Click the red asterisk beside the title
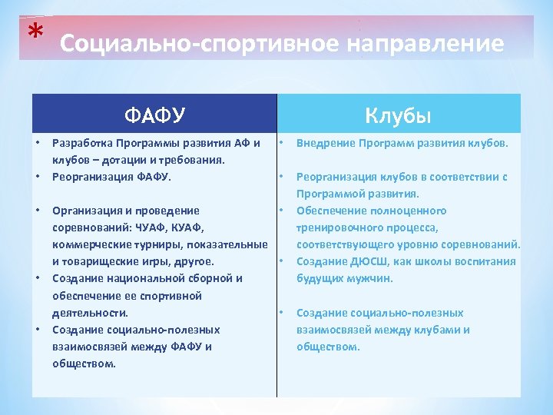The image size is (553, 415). pyautogui.click(x=34, y=32)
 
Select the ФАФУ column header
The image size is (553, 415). pyautogui.click(x=154, y=116)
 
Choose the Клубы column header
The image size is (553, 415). pyautogui.click(x=399, y=116)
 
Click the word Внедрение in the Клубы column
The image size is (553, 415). pyautogui.click(x=325, y=143)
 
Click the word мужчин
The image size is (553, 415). pyautogui.click(x=369, y=278)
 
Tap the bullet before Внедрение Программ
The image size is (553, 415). pyautogui.click(x=282, y=143)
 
